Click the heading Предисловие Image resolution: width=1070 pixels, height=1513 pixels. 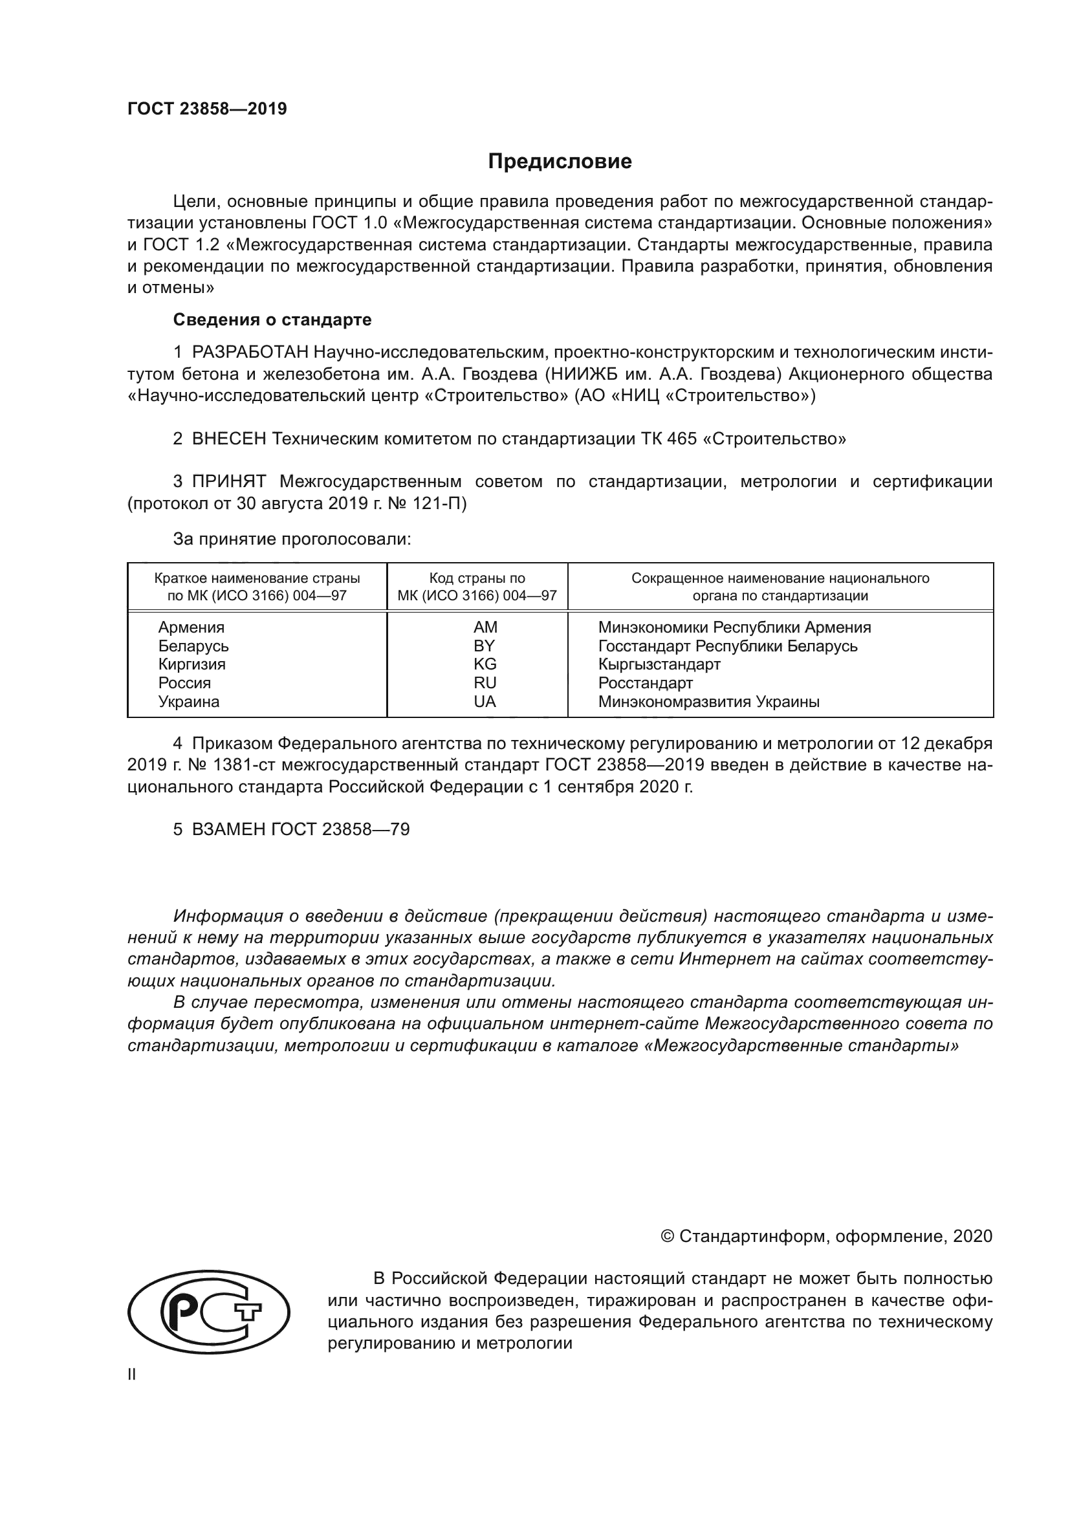click(x=560, y=162)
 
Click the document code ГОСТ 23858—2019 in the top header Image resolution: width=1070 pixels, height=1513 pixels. click(x=207, y=109)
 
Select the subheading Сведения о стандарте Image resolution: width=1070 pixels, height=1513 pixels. click(x=272, y=320)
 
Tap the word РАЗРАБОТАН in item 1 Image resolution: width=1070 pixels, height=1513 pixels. click(x=250, y=353)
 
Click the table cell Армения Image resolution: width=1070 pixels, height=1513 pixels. click(x=191, y=627)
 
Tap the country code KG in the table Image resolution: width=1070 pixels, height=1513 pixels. click(x=485, y=664)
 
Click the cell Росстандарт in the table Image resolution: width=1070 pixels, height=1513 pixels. click(x=645, y=682)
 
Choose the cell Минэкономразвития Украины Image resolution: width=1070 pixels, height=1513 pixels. click(x=708, y=702)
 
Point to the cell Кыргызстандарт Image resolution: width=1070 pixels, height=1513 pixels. click(x=659, y=664)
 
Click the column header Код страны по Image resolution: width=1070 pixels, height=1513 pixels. click(x=477, y=578)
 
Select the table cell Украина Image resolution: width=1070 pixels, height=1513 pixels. click(x=188, y=702)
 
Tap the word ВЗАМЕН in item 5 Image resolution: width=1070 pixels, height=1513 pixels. click(x=228, y=830)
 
